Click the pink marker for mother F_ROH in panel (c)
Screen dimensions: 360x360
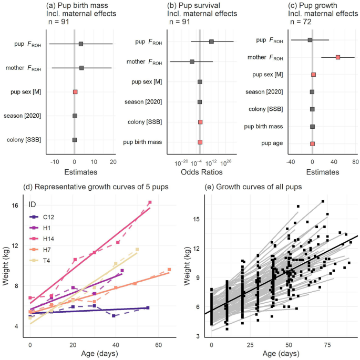click(x=338, y=57)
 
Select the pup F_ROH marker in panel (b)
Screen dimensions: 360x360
click(x=211, y=42)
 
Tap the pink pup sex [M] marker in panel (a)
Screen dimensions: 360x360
click(x=75, y=92)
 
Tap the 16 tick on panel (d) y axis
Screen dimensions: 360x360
click(x=15, y=205)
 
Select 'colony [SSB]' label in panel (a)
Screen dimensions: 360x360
click(x=24, y=139)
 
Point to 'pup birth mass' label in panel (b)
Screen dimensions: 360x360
click(x=142, y=142)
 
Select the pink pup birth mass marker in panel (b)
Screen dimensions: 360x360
click(x=200, y=142)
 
